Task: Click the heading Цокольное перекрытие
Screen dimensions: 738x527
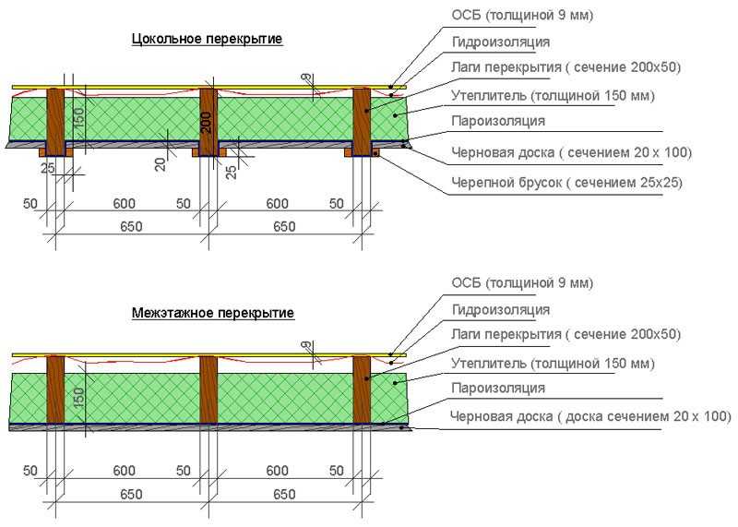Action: tap(207, 39)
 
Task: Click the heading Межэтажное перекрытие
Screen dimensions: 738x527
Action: tap(213, 313)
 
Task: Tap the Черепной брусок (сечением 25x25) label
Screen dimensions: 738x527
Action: tap(566, 182)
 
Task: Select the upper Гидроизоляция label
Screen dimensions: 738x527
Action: tap(500, 42)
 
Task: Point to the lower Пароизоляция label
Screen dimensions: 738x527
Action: tap(498, 388)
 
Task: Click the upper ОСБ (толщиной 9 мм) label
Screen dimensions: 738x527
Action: tap(522, 15)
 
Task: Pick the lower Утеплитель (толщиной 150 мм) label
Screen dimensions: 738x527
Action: tap(553, 364)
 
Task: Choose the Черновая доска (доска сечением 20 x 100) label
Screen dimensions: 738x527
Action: tap(590, 416)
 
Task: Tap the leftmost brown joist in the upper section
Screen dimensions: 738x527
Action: tap(55, 122)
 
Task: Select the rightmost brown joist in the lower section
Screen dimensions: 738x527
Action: tap(362, 389)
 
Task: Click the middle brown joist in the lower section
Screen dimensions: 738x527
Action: tap(208, 389)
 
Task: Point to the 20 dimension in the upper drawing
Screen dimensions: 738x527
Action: tap(161, 164)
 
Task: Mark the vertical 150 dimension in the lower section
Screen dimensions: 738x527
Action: tap(78, 397)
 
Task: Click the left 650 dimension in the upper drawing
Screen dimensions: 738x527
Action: tap(131, 226)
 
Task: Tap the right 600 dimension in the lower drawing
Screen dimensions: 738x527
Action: tap(277, 471)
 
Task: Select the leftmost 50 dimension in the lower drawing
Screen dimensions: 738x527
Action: tap(30, 471)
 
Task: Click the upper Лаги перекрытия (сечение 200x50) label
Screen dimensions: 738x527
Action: tap(565, 67)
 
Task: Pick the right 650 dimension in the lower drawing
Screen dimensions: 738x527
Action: tap(284, 494)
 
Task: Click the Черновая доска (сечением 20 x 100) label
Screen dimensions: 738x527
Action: tap(571, 152)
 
